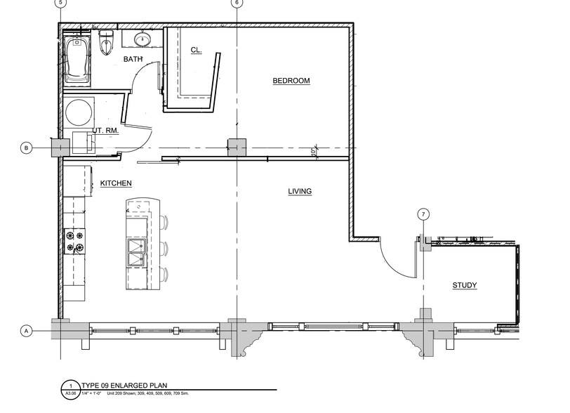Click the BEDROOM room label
pos(291,81)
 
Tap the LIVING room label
pos(300,191)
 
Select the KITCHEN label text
pos(116,183)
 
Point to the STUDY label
pos(464,285)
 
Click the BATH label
pos(133,60)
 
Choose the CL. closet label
pos(197,50)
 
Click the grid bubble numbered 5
pos(61,3)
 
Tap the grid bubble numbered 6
pos(237,3)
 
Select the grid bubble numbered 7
pos(423,214)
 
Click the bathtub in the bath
pos(76,60)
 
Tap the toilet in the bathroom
pos(106,43)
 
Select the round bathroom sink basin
pos(142,39)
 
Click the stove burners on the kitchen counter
pos(74,241)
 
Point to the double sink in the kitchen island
pos(136,253)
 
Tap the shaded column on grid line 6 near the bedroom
pos(237,147)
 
